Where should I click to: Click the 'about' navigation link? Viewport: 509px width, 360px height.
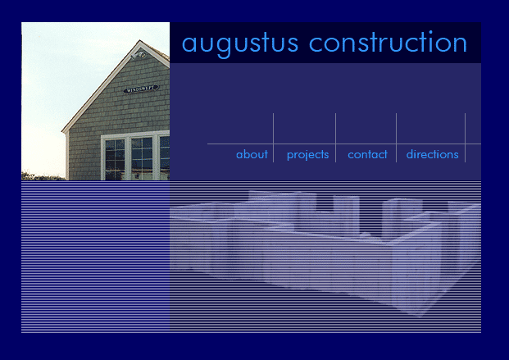point(252,154)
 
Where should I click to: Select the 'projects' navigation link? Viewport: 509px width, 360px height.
point(307,155)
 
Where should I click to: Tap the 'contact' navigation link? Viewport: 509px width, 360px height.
point(367,154)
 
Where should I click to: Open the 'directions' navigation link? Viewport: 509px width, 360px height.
point(433,154)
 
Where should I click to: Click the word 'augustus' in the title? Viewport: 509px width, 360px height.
point(240,43)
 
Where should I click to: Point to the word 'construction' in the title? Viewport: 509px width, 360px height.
point(388,42)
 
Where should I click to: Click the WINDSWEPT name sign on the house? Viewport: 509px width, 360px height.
point(141,89)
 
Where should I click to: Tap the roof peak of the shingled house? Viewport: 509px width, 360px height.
point(140,41)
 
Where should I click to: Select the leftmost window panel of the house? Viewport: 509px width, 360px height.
point(115,159)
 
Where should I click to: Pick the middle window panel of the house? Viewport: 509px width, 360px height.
point(142,158)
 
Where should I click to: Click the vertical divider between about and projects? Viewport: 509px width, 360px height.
point(273,138)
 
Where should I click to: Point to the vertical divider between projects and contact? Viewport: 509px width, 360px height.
point(336,138)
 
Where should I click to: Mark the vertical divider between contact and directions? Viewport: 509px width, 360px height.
point(397,138)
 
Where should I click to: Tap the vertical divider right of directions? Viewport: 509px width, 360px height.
point(466,138)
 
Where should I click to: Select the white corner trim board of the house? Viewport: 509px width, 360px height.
point(67,156)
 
